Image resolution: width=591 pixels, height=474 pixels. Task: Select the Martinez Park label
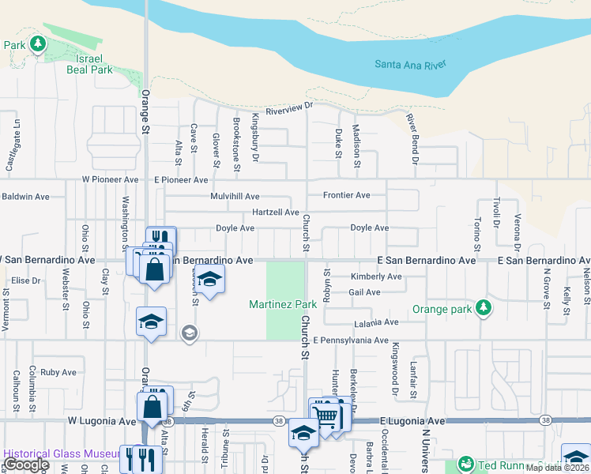pos(282,304)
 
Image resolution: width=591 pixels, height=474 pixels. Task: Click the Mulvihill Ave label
pos(235,196)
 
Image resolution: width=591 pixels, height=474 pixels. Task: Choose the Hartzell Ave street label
pos(275,213)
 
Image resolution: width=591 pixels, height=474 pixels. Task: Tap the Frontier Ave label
pos(346,195)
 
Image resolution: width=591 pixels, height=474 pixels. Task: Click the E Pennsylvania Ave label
pos(351,340)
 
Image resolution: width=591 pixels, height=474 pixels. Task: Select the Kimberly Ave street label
pos(377,276)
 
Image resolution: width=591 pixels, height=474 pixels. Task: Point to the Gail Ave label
pos(365,292)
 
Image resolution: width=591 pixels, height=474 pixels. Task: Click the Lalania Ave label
pos(376,322)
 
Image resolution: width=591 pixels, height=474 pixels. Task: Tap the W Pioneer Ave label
pos(111,180)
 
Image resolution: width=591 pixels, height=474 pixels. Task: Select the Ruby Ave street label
pos(58,372)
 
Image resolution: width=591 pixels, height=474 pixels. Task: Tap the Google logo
pos(26,464)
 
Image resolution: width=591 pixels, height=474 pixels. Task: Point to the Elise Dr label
pos(25,280)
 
